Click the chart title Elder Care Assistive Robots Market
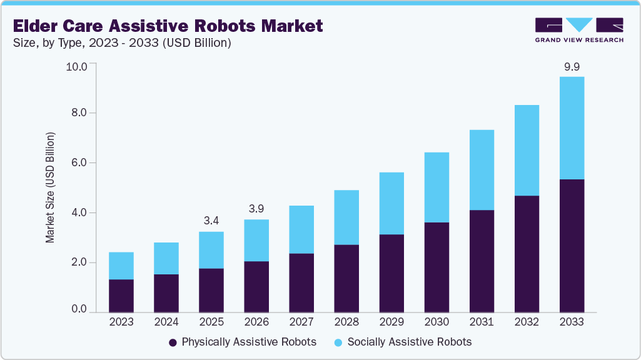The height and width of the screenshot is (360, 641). [x=168, y=26]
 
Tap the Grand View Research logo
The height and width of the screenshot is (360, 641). [x=578, y=29]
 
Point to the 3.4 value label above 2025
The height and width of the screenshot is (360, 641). [x=211, y=221]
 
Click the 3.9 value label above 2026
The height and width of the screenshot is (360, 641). [x=256, y=208]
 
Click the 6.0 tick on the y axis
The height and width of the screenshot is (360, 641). [x=80, y=162]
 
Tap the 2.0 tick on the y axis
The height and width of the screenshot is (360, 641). [x=80, y=262]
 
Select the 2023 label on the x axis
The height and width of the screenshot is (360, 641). [x=121, y=322]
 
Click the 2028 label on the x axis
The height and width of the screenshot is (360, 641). [x=346, y=322]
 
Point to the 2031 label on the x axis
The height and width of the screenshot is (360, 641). [x=481, y=322]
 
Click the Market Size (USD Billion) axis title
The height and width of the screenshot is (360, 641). [x=50, y=187]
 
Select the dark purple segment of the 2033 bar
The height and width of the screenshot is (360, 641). [x=571, y=246]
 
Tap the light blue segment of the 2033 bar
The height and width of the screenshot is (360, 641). [x=571, y=128]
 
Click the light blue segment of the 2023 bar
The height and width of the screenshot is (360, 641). [x=121, y=266]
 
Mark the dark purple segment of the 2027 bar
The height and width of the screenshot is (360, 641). [x=301, y=282]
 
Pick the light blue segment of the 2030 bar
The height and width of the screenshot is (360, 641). [x=436, y=187]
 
